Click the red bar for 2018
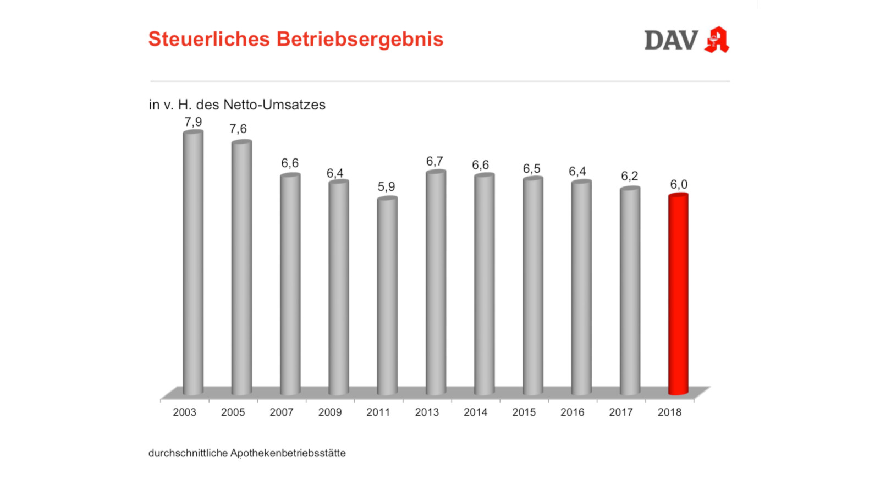click(678, 294)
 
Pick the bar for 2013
click(436, 283)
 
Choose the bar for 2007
click(290, 284)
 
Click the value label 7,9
click(193, 122)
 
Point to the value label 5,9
click(386, 186)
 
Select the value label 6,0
click(679, 184)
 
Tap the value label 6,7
click(435, 161)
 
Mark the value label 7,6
click(238, 129)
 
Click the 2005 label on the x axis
click(233, 412)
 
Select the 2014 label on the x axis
click(475, 412)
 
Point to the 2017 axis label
click(621, 412)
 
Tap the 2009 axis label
click(330, 412)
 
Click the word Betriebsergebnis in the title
click(360, 39)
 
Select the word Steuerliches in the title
click(209, 39)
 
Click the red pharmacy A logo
click(717, 40)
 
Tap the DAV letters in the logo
click(671, 40)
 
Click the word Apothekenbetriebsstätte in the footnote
click(288, 453)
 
